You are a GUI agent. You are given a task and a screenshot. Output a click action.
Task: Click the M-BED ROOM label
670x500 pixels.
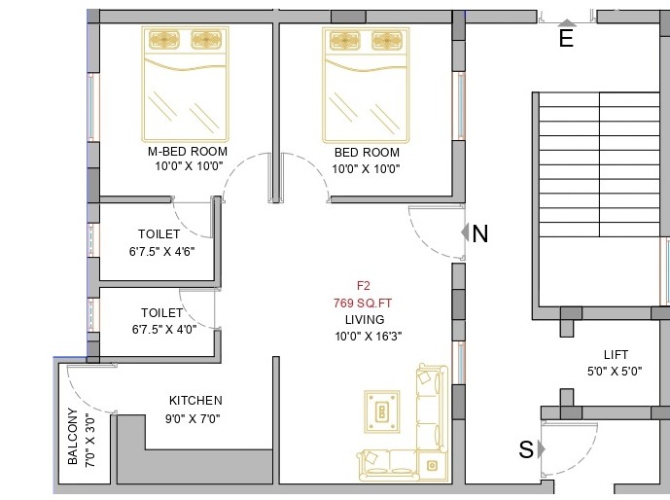pyautogui.click(x=188, y=152)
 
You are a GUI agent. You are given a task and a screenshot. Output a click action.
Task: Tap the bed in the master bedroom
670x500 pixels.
pyautogui.click(x=186, y=85)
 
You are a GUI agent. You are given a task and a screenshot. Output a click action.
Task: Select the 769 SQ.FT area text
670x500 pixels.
pyautogui.click(x=363, y=303)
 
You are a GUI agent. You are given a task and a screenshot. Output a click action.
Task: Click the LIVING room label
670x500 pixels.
pyautogui.click(x=365, y=320)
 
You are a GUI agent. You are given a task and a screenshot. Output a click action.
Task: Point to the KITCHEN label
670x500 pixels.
pyautogui.click(x=195, y=401)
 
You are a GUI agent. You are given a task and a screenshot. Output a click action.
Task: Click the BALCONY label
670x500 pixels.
pyautogui.click(x=73, y=437)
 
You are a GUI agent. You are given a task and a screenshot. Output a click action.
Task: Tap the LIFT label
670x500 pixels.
pyautogui.click(x=616, y=355)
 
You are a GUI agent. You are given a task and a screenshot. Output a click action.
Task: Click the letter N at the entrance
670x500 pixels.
pyautogui.click(x=479, y=233)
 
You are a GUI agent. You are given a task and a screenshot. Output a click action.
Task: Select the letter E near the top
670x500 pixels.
pyautogui.click(x=566, y=39)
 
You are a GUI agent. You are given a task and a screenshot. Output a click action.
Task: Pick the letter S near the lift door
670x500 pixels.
pyautogui.click(x=526, y=449)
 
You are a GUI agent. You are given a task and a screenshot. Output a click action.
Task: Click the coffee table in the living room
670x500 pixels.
pyautogui.click(x=382, y=411)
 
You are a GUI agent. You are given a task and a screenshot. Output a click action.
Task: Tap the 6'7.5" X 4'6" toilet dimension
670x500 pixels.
pyautogui.click(x=162, y=251)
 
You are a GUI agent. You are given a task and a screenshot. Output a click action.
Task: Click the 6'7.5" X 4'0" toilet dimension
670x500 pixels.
pyautogui.click(x=164, y=329)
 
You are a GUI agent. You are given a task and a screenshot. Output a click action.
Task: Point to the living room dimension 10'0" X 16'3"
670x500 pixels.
pyautogui.click(x=369, y=337)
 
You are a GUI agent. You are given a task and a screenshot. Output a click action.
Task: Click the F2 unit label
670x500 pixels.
pyautogui.click(x=364, y=285)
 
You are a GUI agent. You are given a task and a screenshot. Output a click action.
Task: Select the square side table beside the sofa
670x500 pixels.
pyautogui.click(x=432, y=465)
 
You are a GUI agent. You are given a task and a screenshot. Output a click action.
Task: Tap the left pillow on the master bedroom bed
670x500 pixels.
pyautogui.click(x=164, y=40)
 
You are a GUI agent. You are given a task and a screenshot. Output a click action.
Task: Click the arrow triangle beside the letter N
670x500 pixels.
pyautogui.click(x=465, y=232)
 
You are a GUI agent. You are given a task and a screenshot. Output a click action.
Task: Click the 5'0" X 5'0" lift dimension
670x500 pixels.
pyautogui.click(x=615, y=372)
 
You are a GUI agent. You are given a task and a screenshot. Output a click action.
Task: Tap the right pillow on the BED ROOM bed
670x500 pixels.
pyautogui.click(x=387, y=42)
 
